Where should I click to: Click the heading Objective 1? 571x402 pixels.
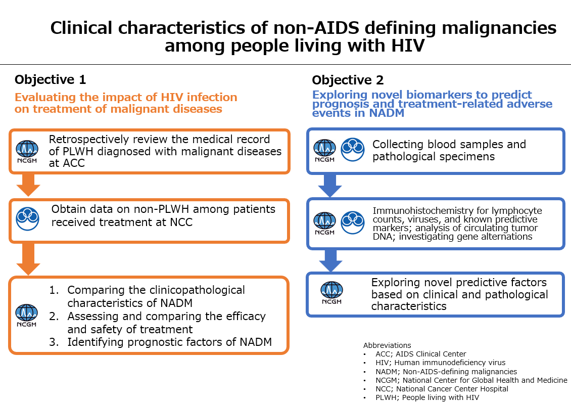50,79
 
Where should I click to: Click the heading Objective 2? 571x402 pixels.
348,80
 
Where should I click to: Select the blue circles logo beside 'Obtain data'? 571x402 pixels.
27,218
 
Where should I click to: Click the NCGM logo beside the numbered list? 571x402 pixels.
27,315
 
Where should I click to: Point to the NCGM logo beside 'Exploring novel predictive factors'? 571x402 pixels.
331,293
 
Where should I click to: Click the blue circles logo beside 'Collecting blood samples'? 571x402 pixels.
353,150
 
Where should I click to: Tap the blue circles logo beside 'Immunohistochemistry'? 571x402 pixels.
353,222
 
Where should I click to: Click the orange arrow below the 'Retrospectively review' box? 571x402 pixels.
28,185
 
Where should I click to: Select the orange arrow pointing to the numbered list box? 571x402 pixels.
28,259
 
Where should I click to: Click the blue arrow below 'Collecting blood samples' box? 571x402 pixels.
330,186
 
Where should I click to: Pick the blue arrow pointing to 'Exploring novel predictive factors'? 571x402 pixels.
330,260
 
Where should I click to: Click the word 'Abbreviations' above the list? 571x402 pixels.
387,345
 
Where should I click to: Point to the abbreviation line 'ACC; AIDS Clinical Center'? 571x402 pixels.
420,354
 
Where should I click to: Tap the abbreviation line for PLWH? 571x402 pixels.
427,397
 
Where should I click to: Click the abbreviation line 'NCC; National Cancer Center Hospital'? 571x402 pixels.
442,389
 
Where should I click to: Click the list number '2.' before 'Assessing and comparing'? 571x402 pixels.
54,317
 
